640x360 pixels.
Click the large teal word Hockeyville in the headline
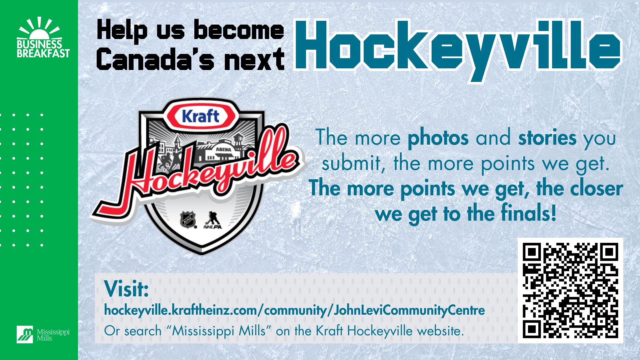(x=457, y=48)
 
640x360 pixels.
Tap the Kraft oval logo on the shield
(x=201, y=116)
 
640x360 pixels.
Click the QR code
(x=570, y=290)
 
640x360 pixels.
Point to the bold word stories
(x=547, y=137)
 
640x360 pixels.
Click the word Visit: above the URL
(x=126, y=289)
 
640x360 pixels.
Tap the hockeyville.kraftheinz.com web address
(x=294, y=310)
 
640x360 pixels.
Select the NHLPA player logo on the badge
(x=212, y=220)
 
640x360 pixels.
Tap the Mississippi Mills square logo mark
(x=25, y=334)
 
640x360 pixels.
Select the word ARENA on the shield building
(x=223, y=150)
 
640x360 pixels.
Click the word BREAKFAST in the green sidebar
(x=43, y=53)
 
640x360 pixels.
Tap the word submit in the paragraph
(x=351, y=163)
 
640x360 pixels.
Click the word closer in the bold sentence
(x=596, y=188)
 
